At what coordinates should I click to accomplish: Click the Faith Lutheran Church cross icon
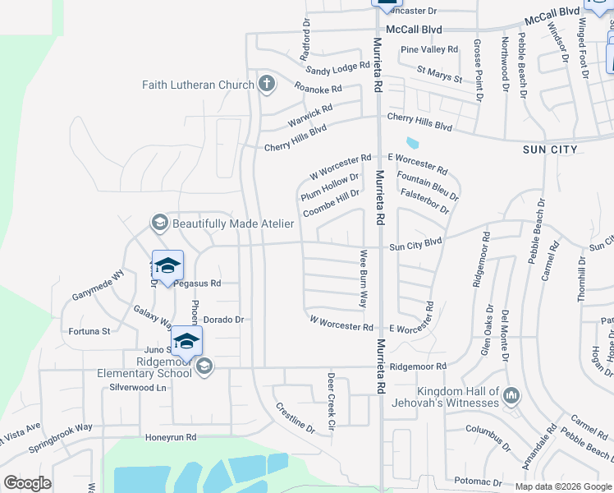[266, 83]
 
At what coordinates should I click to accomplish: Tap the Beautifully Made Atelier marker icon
[159, 223]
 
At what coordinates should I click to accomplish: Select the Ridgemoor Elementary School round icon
[204, 366]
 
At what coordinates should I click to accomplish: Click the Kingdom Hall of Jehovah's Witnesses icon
[511, 396]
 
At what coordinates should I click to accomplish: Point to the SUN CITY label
[550, 150]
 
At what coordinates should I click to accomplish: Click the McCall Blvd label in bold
[415, 29]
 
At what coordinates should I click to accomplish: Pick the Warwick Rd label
[309, 115]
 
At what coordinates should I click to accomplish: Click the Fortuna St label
[89, 331]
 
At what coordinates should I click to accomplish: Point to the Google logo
[27, 482]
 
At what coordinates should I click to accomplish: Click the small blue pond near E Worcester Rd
[411, 142]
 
